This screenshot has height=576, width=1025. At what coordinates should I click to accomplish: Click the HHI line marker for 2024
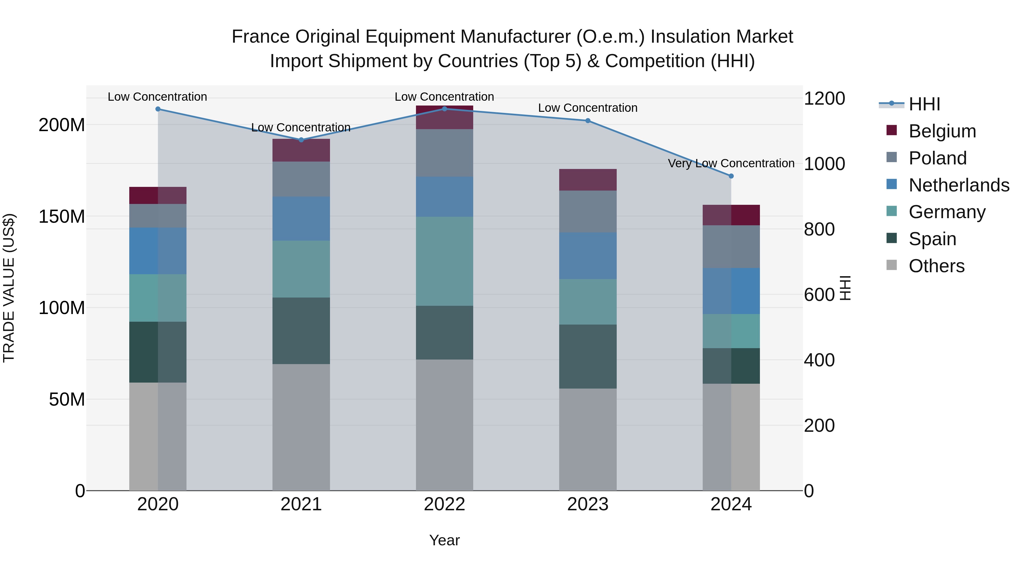coord(731,176)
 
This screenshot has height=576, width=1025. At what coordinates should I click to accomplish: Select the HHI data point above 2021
coord(301,140)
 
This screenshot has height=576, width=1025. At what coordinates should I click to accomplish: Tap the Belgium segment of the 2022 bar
coord(444,117)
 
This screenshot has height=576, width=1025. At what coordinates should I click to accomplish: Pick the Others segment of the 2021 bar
coord(301,427)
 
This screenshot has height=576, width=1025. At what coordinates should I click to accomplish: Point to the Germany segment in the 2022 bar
coord(444,261)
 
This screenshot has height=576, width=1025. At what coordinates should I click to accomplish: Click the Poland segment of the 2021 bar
coord(301,179)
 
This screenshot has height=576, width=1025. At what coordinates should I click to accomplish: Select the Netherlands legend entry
coord(959,185)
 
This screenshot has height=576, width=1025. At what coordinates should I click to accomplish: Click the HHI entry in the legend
coord(924,104)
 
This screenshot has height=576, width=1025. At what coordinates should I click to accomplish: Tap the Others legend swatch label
coord(936,266)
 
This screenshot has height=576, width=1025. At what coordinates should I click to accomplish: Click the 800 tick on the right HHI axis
coord(819,229)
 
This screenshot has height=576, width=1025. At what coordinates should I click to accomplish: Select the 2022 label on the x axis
coord(444,504)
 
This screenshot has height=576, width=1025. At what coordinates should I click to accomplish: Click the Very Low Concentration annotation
coord(731,163)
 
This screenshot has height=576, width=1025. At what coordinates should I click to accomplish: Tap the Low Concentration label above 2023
coord(587,108)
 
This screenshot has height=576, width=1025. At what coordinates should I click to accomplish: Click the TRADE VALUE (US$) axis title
coord(9,288)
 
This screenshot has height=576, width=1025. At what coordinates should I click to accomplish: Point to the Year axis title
coord(444,540)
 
